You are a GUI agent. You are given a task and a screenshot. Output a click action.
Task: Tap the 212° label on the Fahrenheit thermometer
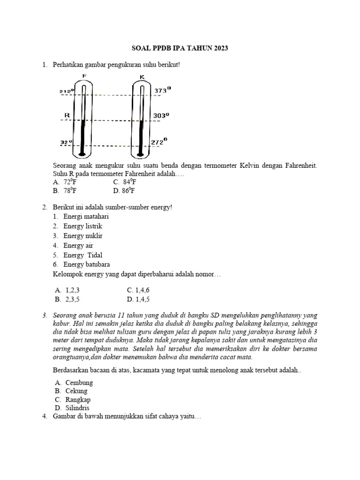pos(67,91)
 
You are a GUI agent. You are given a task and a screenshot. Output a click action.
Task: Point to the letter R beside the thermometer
pos(67,114)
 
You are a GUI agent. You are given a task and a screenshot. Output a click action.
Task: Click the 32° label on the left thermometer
pos(66,142)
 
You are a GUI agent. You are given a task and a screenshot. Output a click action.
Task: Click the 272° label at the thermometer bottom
pos(159,141)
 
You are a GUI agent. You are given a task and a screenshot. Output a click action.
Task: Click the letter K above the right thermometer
pos(142,77)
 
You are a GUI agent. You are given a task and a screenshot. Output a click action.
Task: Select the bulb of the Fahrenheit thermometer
pos(82,153)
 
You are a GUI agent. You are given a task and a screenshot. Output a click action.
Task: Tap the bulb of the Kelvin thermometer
pos(140,153)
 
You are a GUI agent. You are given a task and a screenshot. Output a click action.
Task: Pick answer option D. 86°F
pos(124,191)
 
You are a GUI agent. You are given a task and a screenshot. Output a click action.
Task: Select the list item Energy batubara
pos(87,264)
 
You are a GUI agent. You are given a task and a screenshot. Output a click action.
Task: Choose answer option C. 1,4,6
pos(138,290)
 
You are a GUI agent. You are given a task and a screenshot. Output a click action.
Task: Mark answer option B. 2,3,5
pos(70,299)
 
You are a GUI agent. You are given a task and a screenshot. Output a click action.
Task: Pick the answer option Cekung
pos(76,391)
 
